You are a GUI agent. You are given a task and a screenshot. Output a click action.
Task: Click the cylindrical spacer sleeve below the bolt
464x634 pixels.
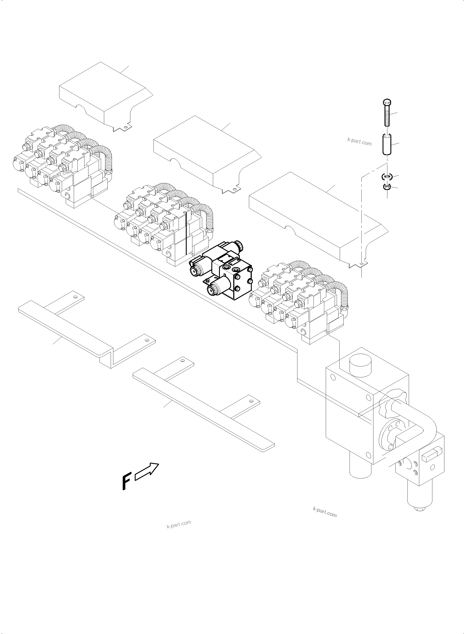pyautogui.click(x=387, y=144)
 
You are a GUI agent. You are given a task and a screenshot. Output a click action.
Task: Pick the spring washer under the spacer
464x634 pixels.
pyautogui.click(x=387, y=177)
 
